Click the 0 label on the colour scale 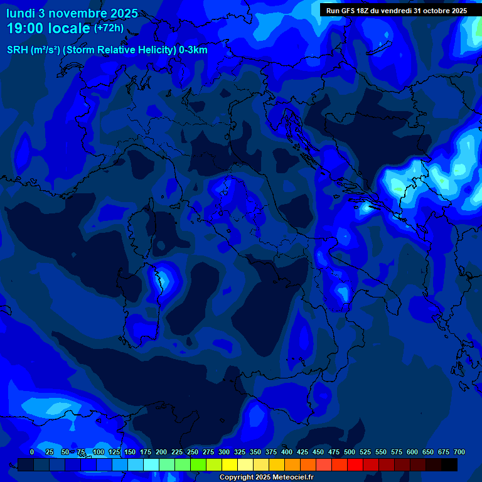pos(32,452)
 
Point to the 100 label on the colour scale pos(99,452)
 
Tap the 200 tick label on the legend pos(161,452)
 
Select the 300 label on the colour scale pos(224,452)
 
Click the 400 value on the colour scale pos(287,452)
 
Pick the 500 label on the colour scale pos(350,452)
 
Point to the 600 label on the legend pos(412,452)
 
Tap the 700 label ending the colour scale pos(459,452)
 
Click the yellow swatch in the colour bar pos(230,464)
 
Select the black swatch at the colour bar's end pos(449,464)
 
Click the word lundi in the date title pos(21,13)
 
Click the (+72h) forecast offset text pos(109,28)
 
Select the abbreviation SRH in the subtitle pos(18,50)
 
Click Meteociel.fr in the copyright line pos(292,477)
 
